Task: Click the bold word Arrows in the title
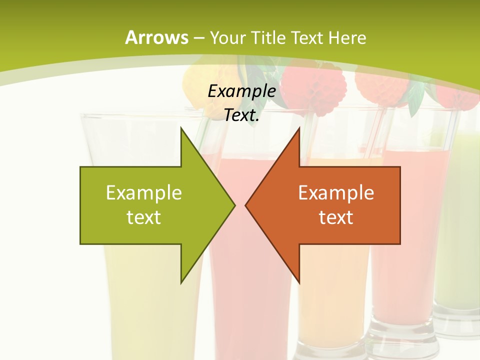pos(156,37)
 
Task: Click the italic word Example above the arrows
pos(241,91)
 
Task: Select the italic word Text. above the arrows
pos(241,115)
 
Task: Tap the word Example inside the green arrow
pos(144,192)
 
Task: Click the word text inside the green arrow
pos(144,217)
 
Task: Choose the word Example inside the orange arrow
pos(336,192)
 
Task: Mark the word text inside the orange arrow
pos(336,217)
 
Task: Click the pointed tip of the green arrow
pos(234,205)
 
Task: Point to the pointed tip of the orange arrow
pos(246,205)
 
